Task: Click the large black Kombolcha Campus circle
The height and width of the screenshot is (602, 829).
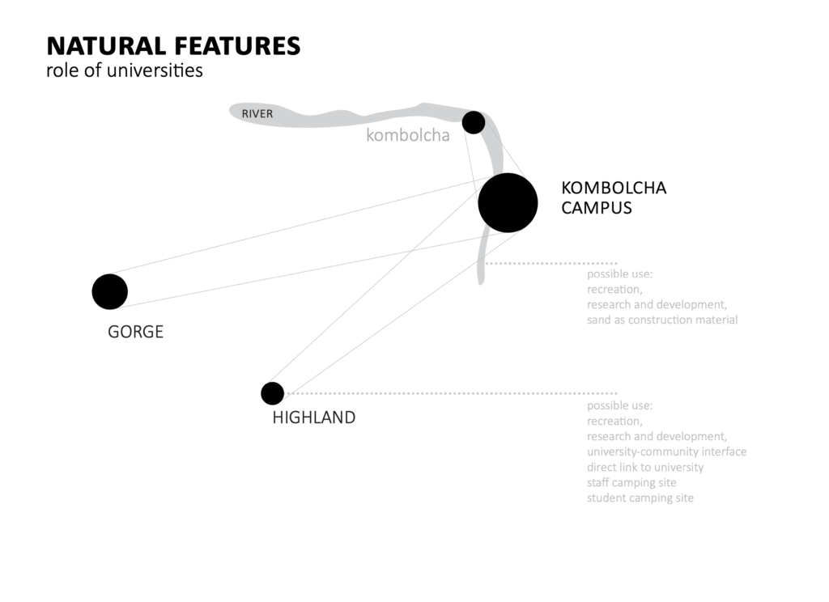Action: point(508,203)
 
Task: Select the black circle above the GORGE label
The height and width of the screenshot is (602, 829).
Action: point(110,292)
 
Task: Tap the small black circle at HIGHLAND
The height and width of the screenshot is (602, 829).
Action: point(272,393)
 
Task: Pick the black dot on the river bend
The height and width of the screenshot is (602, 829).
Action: point(474,123)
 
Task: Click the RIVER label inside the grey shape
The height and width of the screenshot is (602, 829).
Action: point(257,113)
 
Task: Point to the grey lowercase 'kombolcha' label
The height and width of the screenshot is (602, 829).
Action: point(408,135)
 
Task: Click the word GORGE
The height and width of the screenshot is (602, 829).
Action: point(135,332)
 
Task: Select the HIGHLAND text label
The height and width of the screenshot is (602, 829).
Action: point(314,418)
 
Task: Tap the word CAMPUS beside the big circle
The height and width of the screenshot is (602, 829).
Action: point(597,208)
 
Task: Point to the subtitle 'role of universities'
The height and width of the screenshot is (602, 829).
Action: point(125,70)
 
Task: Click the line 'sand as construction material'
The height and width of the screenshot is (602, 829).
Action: point(662,320)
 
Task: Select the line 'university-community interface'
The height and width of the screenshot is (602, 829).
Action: point(667,451)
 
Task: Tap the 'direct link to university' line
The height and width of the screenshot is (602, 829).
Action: point(645,467)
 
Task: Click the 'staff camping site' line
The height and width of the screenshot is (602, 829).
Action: point(631,482)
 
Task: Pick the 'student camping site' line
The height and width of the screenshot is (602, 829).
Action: point(640,498)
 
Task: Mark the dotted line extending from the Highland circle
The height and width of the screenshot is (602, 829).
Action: point(451,393)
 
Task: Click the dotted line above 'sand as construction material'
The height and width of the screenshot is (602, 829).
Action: point(551,263)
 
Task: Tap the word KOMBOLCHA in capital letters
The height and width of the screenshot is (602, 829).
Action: point(614,189)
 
